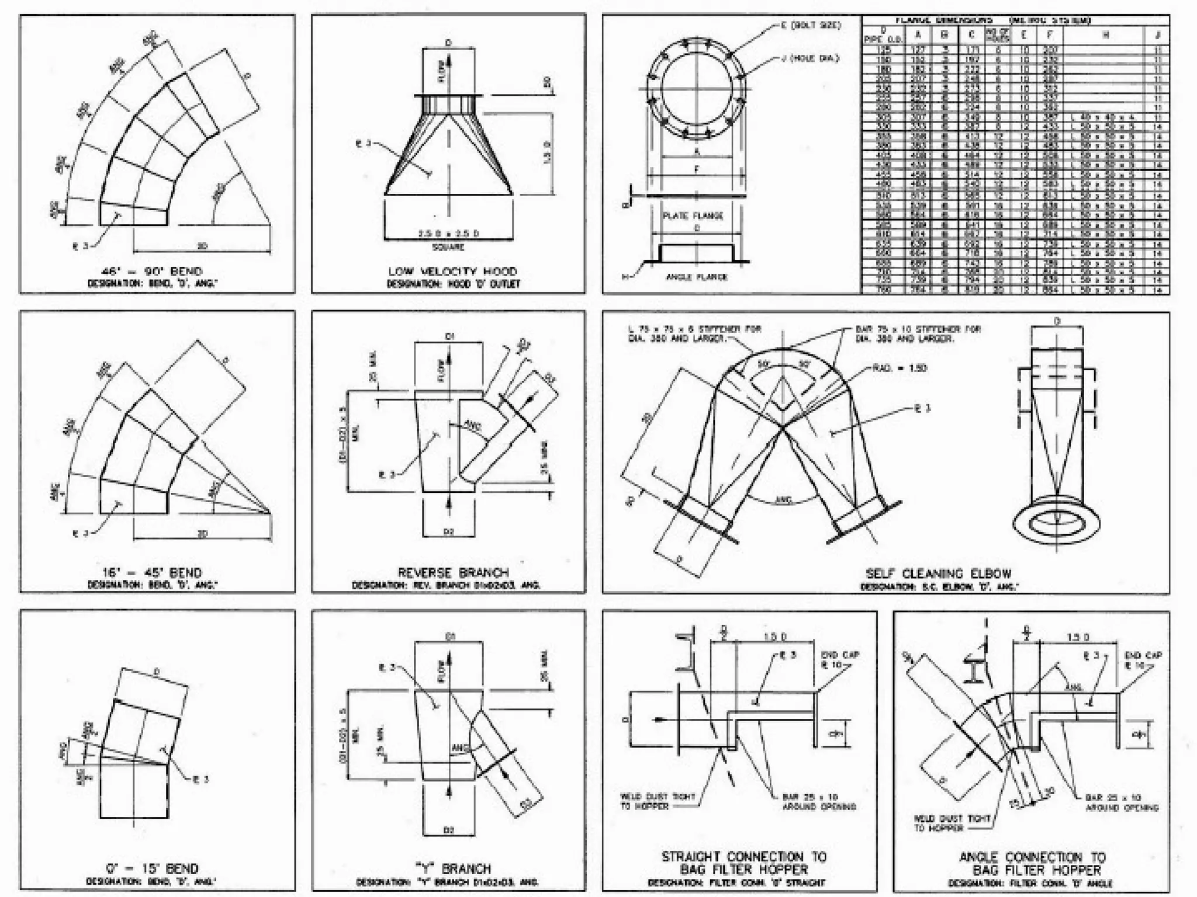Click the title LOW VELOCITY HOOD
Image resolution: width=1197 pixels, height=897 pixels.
tap(452, 271)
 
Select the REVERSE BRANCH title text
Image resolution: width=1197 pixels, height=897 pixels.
tap(453, 572)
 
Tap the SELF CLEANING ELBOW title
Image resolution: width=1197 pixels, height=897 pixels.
tap(938, 573)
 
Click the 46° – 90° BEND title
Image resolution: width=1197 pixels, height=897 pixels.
tap(152, 271)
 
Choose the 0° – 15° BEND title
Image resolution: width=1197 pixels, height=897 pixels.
tap(152, 868)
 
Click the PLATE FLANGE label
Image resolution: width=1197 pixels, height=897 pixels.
tap(693, 215)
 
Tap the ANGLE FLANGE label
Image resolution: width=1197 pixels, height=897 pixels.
tap(697, 277)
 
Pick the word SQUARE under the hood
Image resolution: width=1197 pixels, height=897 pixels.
tap(448, 247)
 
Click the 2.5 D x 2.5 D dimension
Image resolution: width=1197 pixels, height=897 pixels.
tap(448, 234)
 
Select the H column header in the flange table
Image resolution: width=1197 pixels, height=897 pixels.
tap(1105, 35)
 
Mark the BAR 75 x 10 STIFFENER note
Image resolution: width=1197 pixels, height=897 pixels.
tap(918, 333)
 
